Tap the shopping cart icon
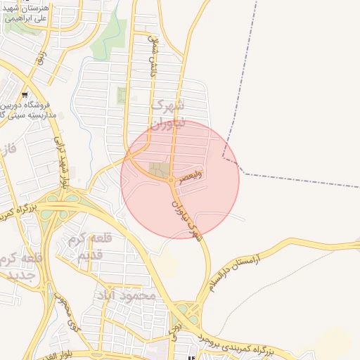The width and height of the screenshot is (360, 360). point(25,94)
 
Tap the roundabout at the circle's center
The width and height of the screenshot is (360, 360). point(171,181)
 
